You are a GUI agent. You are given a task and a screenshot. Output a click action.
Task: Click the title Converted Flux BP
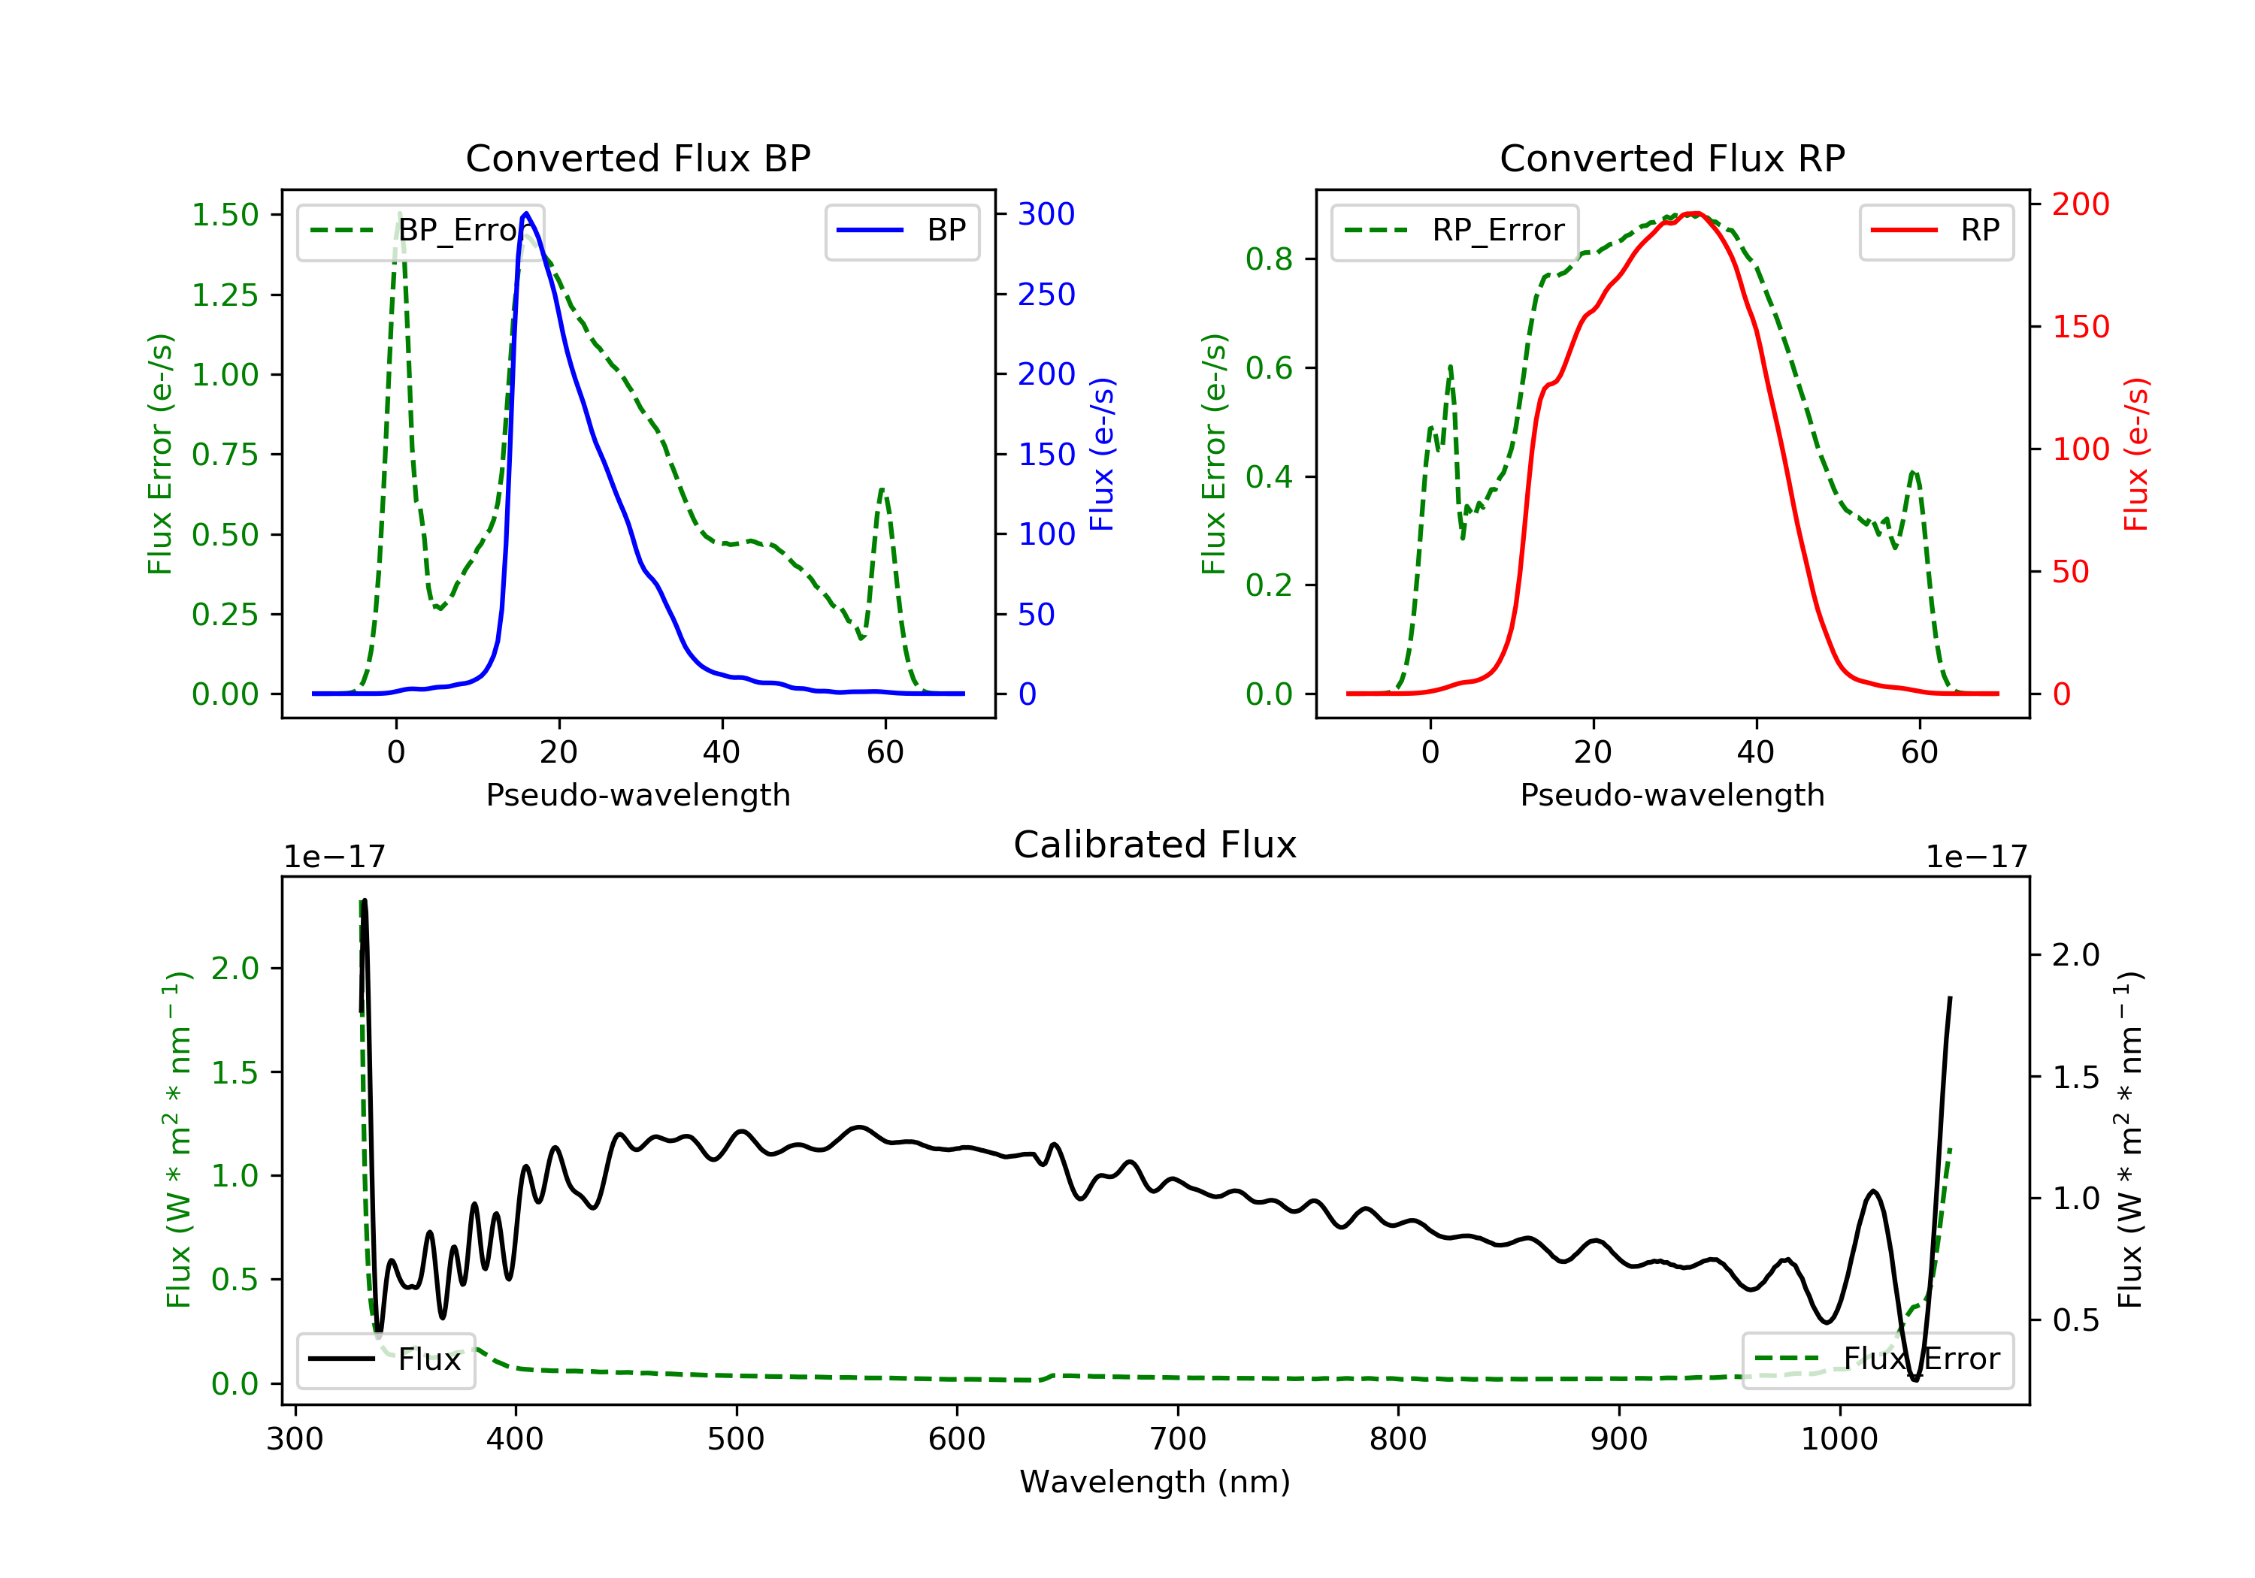(x=637, y=158)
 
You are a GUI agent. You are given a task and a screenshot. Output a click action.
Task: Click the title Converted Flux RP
(x=1672, y=158)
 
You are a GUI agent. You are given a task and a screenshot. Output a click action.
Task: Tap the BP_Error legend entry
(x=420, y=231)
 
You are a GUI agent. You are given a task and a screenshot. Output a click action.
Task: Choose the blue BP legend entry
(x=901, y=231)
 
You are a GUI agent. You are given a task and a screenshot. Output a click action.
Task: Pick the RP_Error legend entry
(x=1454, y=231)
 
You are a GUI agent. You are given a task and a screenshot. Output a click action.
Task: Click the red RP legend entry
(x=1936, y=231)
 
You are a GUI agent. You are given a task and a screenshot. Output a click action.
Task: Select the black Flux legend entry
(x=386, y=1359)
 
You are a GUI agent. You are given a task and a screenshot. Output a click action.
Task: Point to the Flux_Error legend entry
(x=1877, y=1359)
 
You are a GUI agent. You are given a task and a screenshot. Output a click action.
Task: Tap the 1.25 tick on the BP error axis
(x=225, y=295)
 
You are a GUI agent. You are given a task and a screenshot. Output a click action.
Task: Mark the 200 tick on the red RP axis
(x=2080, y=204)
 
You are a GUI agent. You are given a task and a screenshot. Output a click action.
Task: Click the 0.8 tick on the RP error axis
(x=1268, y=259)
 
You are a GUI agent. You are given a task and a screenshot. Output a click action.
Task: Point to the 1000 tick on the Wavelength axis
(x=1839, y=1438)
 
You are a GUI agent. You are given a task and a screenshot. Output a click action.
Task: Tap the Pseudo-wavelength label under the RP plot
(x=1672, y=794)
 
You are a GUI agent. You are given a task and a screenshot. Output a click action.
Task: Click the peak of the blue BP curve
(x=526, y=213)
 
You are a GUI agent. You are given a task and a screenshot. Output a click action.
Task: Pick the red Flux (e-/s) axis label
(x=2135, y=454)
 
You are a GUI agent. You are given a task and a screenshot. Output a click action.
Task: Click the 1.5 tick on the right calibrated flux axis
(x=2075, y=1078)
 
